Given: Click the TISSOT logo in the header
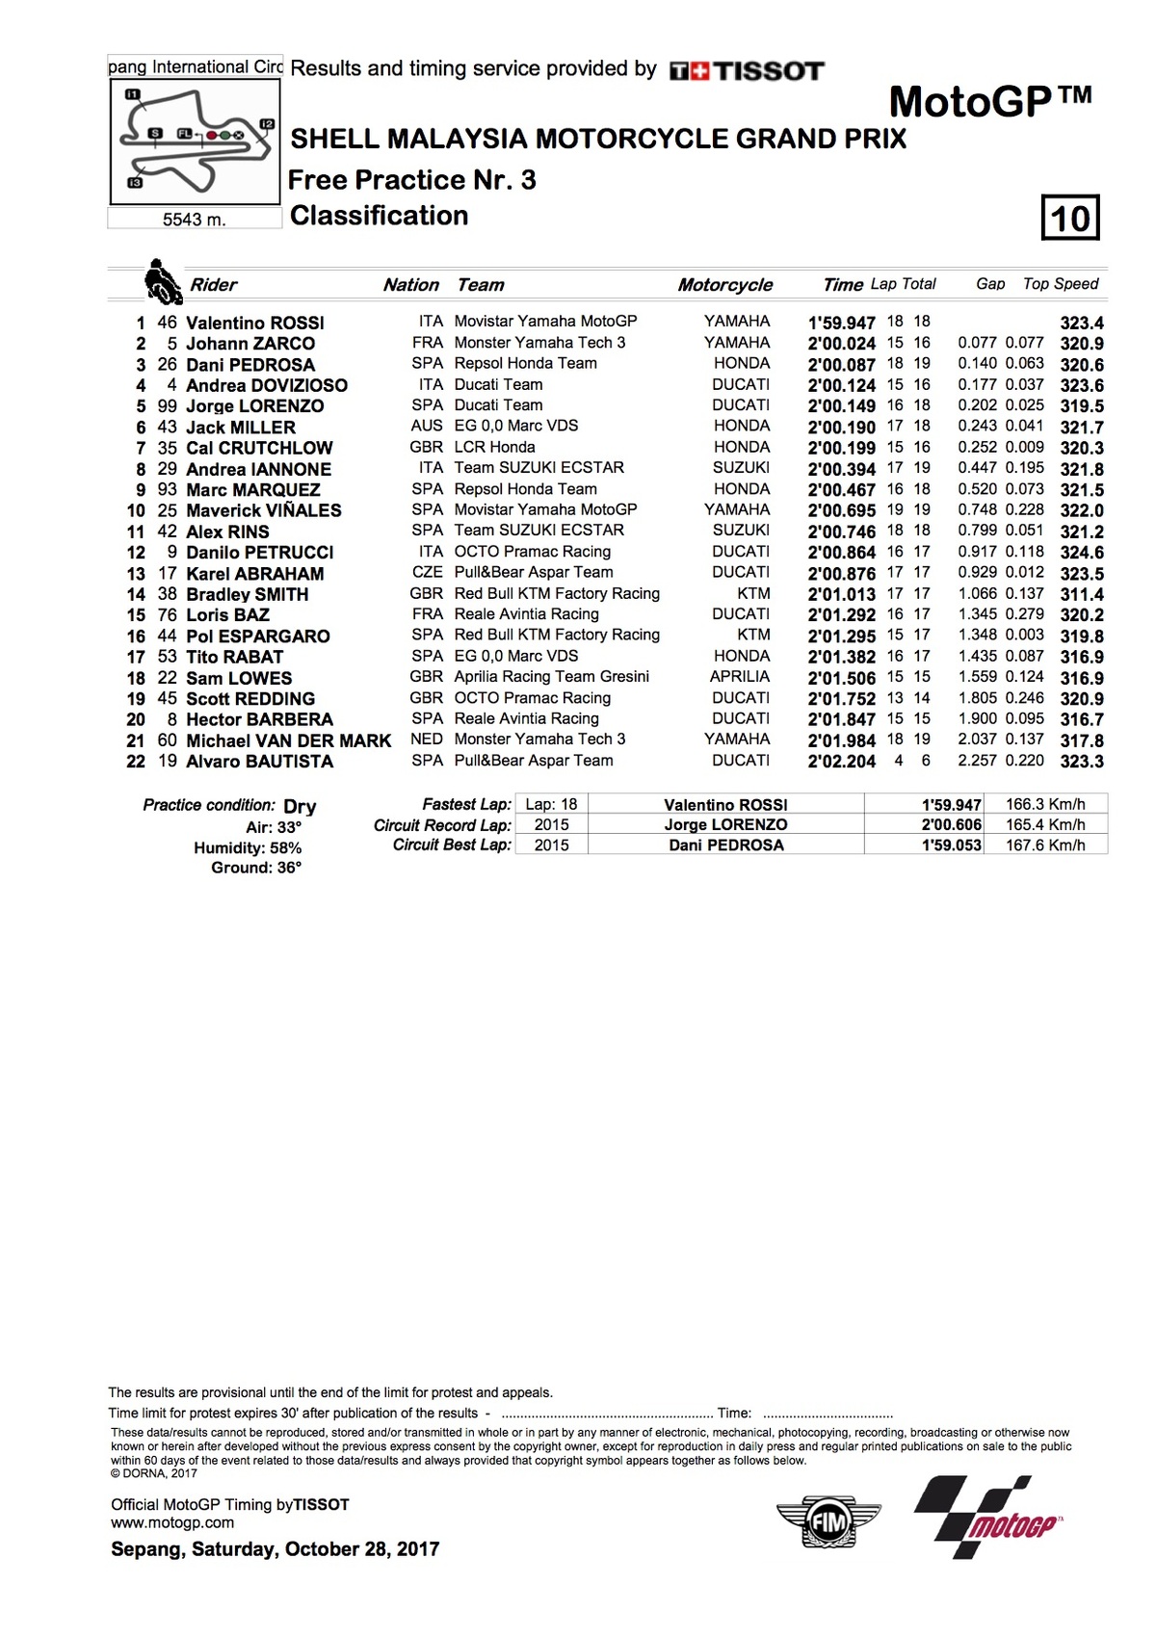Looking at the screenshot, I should click(x=747, y=70).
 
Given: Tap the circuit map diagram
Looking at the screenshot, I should click(x=195, y=142).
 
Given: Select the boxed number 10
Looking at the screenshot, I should click(x=1070, y=218).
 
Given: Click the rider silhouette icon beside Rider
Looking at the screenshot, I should click(x=162, y=282).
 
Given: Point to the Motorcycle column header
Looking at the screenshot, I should click(x=724, y=285).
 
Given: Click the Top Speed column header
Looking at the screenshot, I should click(x=1060, y=284).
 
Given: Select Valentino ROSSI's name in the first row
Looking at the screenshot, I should click(x=254, y=323).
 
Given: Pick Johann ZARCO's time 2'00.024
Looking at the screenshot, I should click(x=841, y=344).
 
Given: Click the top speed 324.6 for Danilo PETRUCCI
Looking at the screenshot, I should click(x=1081, y=553).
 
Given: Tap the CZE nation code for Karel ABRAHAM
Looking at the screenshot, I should click(x=427, y=573).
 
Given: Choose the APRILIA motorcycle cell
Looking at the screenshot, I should click(x=739, y=677).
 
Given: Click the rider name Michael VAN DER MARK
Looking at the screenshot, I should click(x=288, y=740).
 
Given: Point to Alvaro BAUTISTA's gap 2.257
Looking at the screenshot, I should click(x=978, y=761).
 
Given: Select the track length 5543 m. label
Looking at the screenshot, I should click(x=194, y=220).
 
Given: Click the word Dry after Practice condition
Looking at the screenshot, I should click(x=300, y=807).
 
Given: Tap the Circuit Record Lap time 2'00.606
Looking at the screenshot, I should click(x=951, y=825).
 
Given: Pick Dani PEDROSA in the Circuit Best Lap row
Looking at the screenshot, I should click(x=725, y=845).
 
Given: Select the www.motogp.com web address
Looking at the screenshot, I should click(x=172, y=1522).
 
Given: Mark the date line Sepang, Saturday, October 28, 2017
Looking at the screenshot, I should click(x=275, y=1549).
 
